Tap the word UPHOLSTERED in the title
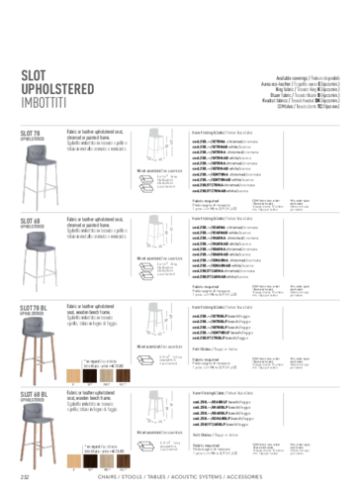click(x=57, y=88)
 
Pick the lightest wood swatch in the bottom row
click(x=73, y=460)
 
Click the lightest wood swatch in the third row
click(x=73, y=375)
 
